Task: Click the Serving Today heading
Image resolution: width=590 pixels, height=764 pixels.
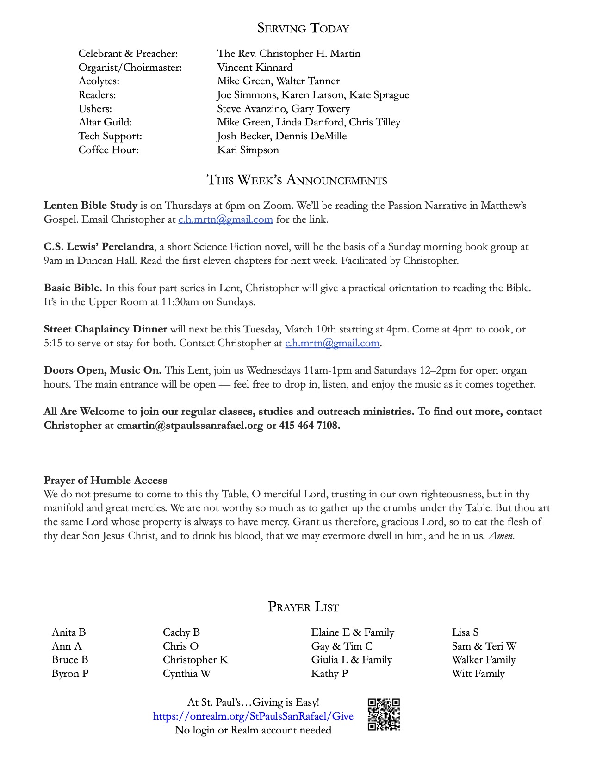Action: tap(303, 28)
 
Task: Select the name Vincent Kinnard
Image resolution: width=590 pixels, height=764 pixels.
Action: tap(255, 68)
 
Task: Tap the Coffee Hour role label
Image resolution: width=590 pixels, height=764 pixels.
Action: tap(108, 150)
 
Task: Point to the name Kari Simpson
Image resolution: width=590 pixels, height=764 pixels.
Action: tap(248, 150)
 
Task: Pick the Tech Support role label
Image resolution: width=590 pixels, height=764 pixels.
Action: tap(110, 136)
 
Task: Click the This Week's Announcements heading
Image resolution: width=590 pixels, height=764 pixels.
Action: tap(297, 180)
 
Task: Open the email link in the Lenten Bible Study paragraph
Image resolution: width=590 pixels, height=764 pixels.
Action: tap(225, 219)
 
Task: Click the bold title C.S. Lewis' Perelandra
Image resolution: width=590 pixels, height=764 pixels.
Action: tap(99, 247)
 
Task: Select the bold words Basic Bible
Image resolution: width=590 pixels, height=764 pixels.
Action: tap(73, 288)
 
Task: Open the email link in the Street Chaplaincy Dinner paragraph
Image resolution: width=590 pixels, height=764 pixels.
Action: tap(332, 343)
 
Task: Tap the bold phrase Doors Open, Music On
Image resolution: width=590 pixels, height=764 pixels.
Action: tap(102, 370)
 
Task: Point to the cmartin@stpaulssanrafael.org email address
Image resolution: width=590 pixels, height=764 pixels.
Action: tap(190, 426)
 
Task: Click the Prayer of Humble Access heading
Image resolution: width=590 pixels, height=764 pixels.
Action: tap(106, 481)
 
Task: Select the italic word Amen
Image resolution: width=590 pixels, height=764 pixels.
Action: tap(501, 536)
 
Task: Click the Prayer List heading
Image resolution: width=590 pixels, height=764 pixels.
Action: tap(303, 607)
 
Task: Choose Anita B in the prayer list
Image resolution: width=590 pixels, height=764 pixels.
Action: tap(69, 632)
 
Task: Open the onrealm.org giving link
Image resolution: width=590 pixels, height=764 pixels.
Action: tap(253, 716)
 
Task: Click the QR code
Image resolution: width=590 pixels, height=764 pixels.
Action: tap(384, 714)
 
